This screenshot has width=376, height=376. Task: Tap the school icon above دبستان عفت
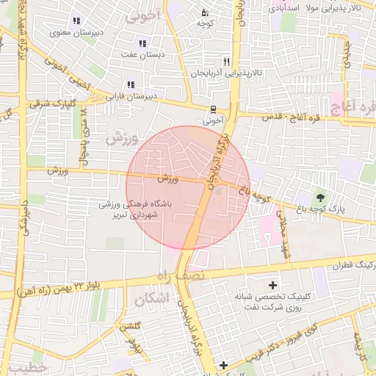click(x=142, y=44)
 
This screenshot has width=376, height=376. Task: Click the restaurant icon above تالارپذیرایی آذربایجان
click(x=227, y=62)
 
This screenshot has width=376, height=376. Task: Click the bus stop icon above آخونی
click(x=213, y=107)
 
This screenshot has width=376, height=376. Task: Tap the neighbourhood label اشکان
click(x=153, y=298)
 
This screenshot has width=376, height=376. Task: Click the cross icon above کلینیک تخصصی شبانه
click(x=273, y=285)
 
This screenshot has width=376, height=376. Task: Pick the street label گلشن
click(x=130, y=327)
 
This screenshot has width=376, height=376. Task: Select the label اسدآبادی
click(x=283, y=7)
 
